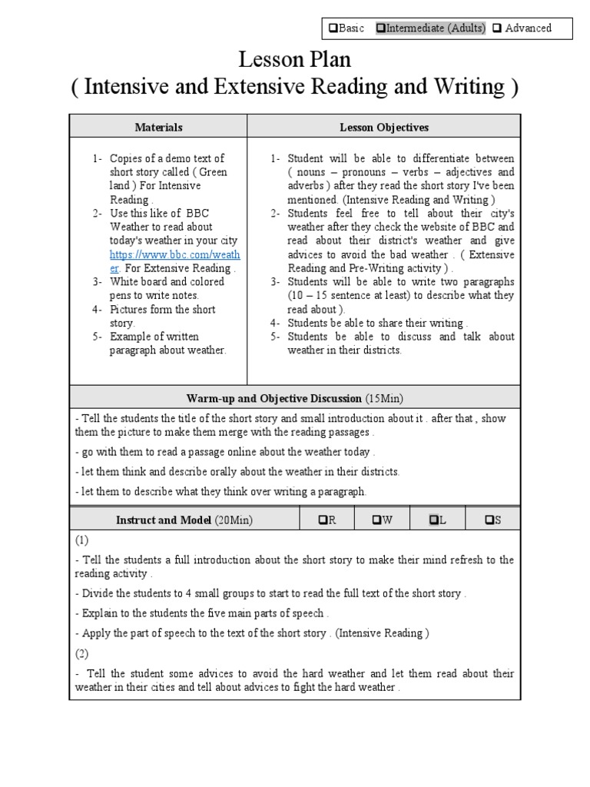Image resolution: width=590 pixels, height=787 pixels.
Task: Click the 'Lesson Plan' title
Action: pos(295,59)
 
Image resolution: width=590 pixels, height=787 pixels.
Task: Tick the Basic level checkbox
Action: pos(333,28)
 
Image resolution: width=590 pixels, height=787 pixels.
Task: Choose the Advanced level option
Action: pos(498,28)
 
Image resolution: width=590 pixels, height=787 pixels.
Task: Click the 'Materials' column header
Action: pos(158,127)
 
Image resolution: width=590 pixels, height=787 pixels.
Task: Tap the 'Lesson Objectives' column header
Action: pos(384,127)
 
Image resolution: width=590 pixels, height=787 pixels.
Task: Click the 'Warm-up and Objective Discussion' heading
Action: pos(273,398)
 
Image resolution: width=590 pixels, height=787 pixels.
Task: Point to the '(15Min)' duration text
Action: pos(385,398)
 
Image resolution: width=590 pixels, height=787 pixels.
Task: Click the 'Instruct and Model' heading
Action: pos(164,520)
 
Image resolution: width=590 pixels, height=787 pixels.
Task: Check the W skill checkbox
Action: pos(377,520)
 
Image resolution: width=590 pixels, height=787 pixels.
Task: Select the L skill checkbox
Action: pos(434,520)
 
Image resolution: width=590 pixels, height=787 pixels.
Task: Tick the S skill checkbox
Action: pos(489,520)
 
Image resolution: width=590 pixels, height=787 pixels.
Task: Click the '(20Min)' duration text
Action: pos(234,520)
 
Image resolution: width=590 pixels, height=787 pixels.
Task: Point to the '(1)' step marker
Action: pos(82,541)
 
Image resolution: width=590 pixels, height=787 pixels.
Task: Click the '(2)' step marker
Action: pos(82,653)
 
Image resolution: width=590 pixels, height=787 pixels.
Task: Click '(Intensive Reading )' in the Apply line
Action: pos(382,633)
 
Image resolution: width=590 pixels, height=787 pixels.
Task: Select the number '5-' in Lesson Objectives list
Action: pos(275,337)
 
